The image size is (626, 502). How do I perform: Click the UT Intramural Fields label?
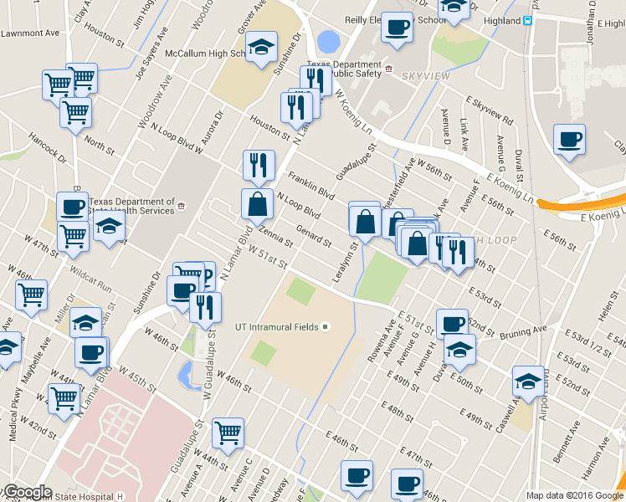click(276, 326)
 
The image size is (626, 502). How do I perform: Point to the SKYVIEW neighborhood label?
click(427, 76)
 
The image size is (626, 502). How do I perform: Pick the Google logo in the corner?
click(27, 492)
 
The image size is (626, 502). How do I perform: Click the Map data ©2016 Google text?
click(575, 495)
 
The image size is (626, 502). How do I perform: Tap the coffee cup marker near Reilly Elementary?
click(396, 28)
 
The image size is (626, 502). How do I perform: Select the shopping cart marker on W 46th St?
click(228, 433)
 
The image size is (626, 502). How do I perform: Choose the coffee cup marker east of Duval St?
click(569, 140)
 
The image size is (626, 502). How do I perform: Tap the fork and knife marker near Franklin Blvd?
click(259, 166)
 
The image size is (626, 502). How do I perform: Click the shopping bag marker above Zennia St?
click(257, 204)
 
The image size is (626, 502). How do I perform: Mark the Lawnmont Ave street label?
click(30, 33)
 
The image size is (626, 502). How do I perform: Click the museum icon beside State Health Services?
click(181, 202)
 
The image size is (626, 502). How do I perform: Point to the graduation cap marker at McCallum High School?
click(263, 49)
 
